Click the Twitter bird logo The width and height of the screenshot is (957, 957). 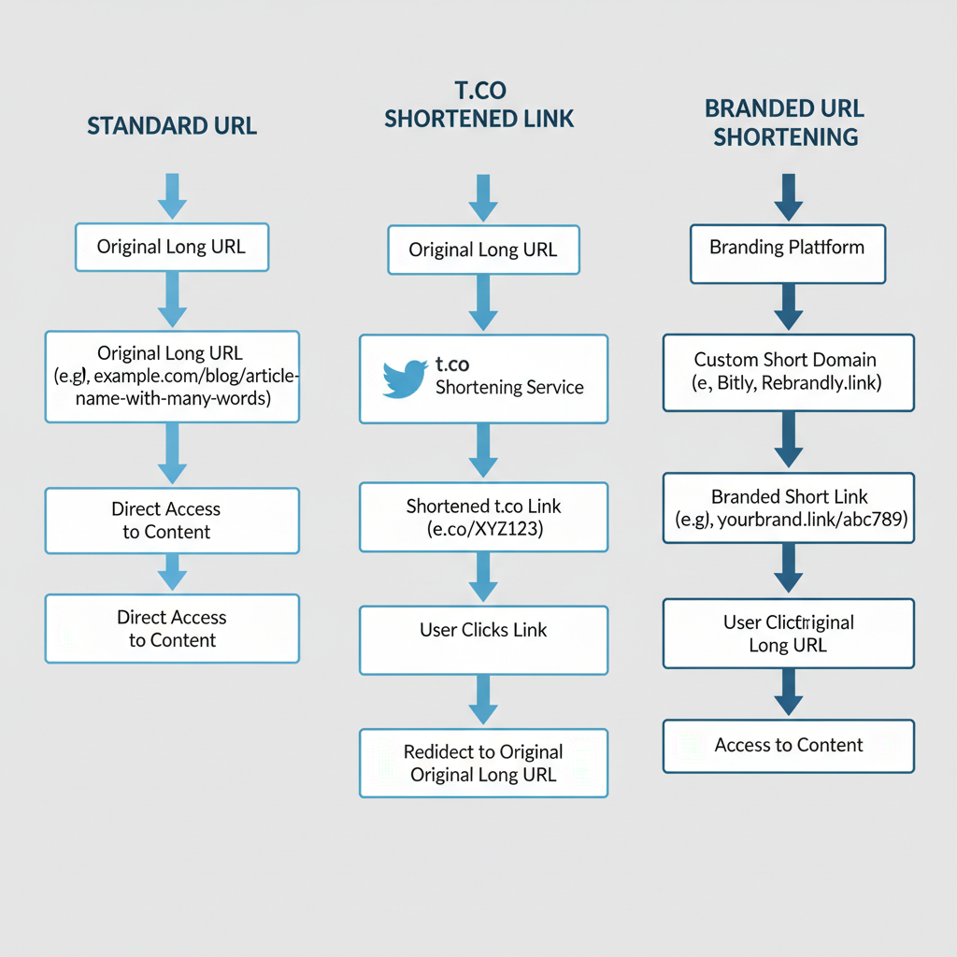406,378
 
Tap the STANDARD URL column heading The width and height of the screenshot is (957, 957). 172,126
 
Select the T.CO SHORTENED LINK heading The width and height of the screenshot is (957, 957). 479,106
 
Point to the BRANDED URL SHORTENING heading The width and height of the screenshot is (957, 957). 785,121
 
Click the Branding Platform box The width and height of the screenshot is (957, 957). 787,252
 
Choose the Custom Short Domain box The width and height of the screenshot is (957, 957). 788,372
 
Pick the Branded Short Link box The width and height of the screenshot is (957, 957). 788,507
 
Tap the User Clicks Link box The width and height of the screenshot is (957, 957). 483,639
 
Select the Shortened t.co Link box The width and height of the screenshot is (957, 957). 483,517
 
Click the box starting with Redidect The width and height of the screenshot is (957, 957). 483,763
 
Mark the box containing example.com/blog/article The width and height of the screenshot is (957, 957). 172,376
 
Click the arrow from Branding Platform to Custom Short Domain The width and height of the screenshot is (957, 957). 788,307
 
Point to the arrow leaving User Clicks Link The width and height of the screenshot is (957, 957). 483,700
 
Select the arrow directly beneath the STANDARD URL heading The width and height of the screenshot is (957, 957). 172,195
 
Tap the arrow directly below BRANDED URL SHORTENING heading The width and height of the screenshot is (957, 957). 788,196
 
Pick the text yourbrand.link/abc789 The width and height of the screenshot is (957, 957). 811,521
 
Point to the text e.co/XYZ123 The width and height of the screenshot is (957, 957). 483,529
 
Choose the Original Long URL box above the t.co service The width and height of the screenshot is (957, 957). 483,249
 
